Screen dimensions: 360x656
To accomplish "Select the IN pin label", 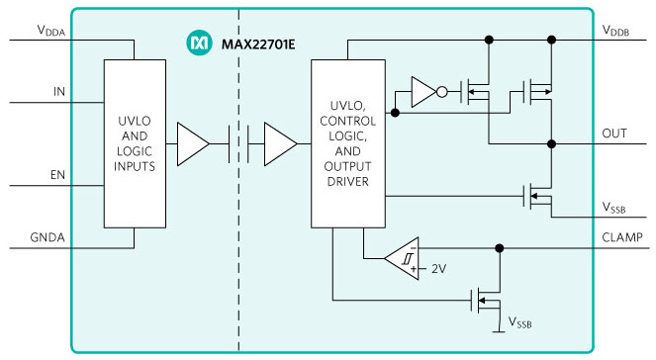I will point(59,93).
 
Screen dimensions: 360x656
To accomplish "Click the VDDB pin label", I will point(616,32).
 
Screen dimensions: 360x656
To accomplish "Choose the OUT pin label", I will point(613,133).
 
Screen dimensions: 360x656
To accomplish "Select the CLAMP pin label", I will point(622,236).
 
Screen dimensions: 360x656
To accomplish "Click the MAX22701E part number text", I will point(258,44).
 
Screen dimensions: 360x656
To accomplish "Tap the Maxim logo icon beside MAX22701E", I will point(198,44).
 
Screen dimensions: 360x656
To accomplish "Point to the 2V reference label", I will point(437,268).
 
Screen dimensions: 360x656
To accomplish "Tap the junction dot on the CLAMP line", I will point(500,248).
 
